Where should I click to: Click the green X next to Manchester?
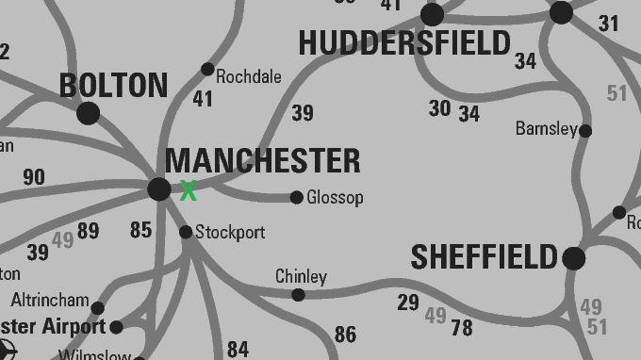[188, 190]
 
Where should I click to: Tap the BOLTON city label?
[113, 85]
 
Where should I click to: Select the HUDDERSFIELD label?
[404, 42]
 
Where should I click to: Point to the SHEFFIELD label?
[485, 256]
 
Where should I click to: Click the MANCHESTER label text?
[262, 160]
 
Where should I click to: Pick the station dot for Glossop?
[297, 197]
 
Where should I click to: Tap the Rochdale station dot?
[207, 69]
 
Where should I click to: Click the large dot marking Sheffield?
[573, 257]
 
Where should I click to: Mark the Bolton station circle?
[89, 113]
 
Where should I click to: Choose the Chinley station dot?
[298, 295]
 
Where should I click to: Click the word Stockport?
[230, 232]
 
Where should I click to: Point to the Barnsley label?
[546, 128]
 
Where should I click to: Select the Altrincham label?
[50, 302]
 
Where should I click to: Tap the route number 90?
[33, 177]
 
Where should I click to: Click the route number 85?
[140, 229]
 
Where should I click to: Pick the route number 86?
[345, 334]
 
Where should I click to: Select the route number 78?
[462, 327]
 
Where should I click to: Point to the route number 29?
[408, 303]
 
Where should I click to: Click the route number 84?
[238, 350]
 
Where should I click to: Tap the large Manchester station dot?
[159, 188]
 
